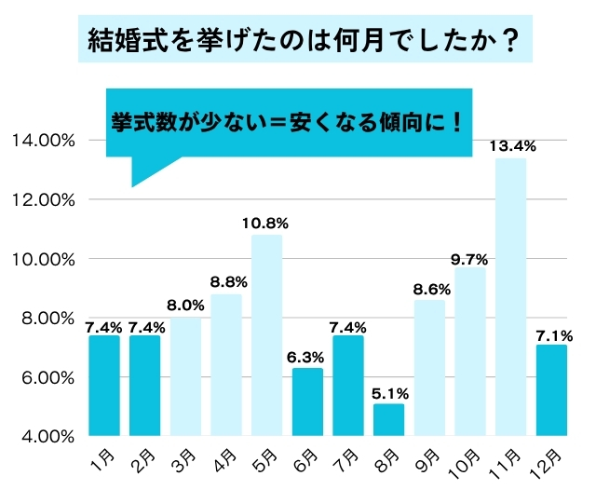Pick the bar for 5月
click(266, 335)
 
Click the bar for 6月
click(307, 401)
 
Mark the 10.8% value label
click(267, 223)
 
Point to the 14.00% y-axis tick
click(43, 141)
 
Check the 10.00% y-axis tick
click(43, 259)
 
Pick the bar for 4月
click(226, 365)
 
